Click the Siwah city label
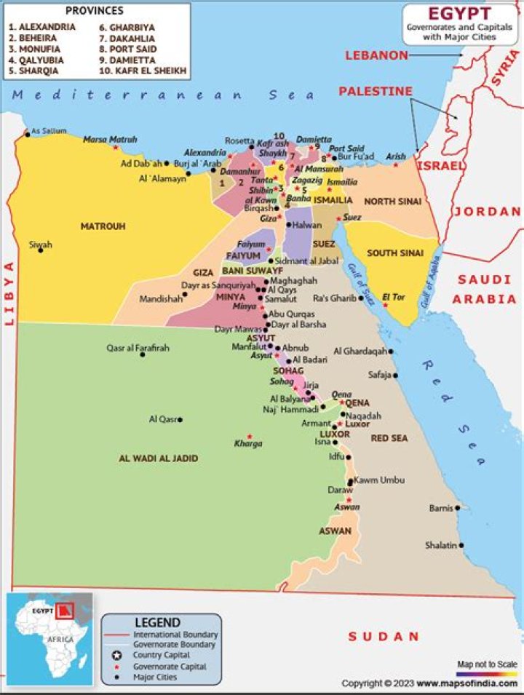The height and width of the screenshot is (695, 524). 40,245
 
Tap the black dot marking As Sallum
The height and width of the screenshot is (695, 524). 28,134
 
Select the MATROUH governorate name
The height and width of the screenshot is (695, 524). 103,226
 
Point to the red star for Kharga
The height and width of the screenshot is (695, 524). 250,437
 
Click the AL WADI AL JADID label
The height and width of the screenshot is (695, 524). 158,458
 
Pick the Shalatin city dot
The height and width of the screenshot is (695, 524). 461,545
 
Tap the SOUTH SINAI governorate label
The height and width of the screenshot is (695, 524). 395,253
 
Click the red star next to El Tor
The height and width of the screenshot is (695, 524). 386,305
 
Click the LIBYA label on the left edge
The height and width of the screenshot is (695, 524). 10,292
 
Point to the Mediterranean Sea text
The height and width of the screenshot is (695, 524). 164,95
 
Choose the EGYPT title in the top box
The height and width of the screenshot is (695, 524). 458,13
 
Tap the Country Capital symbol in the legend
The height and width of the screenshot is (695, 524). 115,656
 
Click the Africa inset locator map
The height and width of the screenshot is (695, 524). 49,638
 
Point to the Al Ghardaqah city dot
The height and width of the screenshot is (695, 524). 391,352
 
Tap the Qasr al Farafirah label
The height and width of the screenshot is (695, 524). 138,348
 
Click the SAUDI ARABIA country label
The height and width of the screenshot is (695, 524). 484,289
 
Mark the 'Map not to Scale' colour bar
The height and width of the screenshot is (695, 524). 487,673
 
